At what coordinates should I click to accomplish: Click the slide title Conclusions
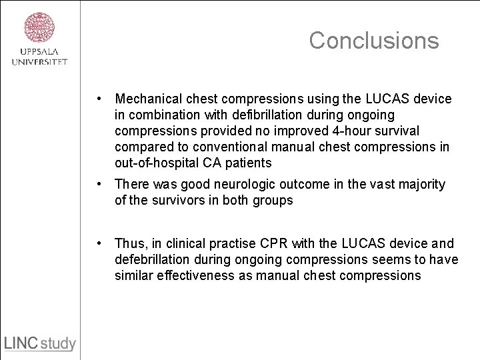pos(374,41)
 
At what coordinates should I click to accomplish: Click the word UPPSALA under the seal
pos(39,53)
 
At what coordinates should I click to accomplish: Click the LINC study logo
pos(40,344)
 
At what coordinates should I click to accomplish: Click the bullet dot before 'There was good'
pos(99,183)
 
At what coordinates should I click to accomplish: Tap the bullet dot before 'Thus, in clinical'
pos(99,243)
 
